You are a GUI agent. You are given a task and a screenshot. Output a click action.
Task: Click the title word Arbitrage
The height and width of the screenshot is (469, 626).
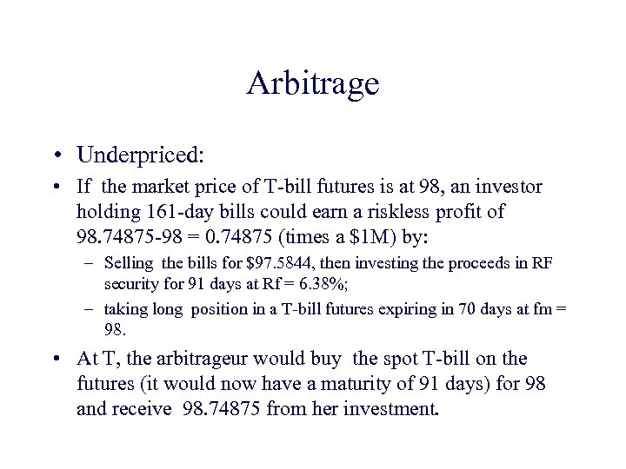tap(313, 84)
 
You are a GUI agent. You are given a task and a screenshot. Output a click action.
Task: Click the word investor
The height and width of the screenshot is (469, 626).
tap(511, 187)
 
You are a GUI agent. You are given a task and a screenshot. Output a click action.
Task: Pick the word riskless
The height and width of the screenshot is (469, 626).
tap(400, 212)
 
